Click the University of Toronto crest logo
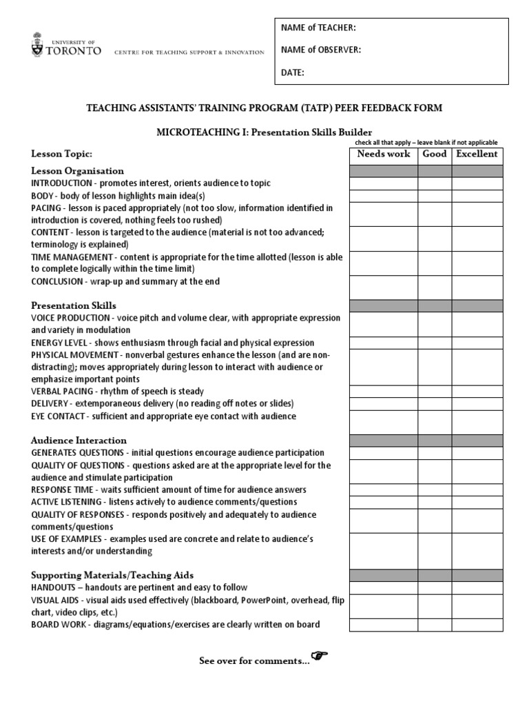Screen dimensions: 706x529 pos(37,45)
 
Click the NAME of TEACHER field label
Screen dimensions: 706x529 pos(318,28)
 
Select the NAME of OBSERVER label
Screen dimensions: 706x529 pos(320,50)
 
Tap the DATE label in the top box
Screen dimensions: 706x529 pos(293,72)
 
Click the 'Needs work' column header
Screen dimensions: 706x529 pos(384,154)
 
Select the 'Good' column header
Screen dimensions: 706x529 pos(435,154)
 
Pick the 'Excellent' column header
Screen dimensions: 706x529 pos(477,154)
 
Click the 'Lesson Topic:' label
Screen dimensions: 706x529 pos(61,154)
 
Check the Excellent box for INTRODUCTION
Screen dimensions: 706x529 pos(477,183)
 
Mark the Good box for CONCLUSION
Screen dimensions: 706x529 pos(435,286)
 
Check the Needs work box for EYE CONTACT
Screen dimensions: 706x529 pos(384,416)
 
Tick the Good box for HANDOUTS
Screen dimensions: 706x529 pos(435,587)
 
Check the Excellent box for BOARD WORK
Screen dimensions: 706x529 pos(477,625)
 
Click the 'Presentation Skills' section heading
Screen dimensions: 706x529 pos(74,305)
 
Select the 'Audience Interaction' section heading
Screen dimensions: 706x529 pos(79,440)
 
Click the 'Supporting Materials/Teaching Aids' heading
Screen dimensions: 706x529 pos(112,574)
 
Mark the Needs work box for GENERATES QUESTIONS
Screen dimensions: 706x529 pos(384,453)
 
